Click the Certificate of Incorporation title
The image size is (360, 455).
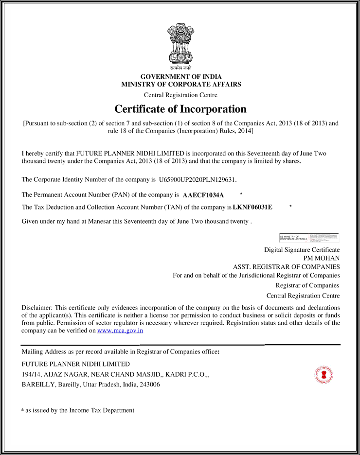click(x=180, y=109)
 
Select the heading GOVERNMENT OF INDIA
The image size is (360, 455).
click(x=181, y=77)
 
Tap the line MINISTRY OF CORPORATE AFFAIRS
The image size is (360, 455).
click(x=181, y=84)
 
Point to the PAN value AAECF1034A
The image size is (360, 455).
click(x=203, y=195)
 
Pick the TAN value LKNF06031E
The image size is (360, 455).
click(x=252, y=208)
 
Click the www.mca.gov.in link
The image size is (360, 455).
click(x=120, y=331)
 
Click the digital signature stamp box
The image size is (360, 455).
click(x=309, y=238)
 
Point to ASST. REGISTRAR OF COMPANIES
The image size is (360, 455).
click(x=287, y=267)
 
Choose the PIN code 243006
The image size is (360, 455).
click(x=150, y=385)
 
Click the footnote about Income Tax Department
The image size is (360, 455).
click(x=78, y=410)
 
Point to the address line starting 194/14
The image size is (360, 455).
click(x=116, y=374)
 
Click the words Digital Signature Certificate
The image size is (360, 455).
click(x=302, y=250)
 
